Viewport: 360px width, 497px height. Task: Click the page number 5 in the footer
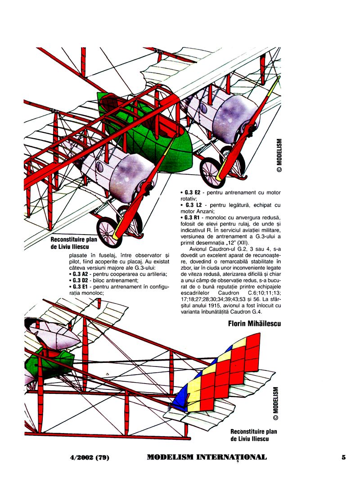tap(343, 457)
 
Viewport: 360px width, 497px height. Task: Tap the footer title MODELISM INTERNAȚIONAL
tap(207, 457)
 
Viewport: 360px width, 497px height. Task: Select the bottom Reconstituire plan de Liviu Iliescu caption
tap(251, 434)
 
